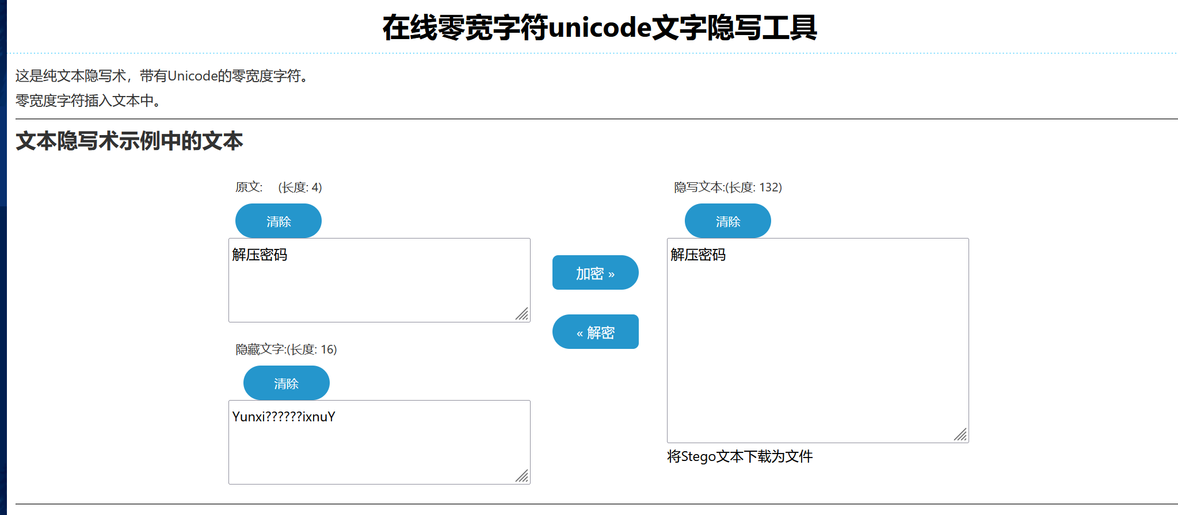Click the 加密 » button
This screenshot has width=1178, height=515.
595,272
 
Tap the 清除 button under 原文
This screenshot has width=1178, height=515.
278,221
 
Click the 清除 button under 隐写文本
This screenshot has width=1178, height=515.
727,221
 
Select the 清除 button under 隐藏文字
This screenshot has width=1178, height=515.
286,383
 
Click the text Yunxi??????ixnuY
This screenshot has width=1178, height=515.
283,417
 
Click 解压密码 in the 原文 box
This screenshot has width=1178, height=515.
260,255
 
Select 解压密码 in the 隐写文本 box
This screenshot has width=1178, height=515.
698,255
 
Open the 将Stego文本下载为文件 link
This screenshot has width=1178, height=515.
739,456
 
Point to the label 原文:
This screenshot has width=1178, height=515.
249,187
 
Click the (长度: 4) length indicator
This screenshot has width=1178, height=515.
300,187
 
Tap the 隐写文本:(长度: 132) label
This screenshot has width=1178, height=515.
727,187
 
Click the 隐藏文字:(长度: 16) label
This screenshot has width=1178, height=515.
286,349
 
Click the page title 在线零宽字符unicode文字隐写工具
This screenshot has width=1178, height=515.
599,27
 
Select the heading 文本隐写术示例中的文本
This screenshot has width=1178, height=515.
129,141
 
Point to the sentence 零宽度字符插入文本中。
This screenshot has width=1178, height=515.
88,101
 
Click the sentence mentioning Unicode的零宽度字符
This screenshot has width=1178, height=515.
162,76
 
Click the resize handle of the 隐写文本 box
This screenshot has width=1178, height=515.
960,435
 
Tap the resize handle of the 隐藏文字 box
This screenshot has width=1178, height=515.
522,476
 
